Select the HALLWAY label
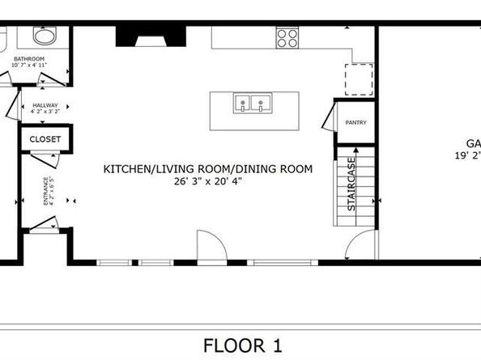pyautogui.click(x=46, y=105)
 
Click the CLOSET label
pyautogui.click(x=45, y=139)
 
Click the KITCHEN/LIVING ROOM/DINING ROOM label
pyautogui.click(x=207, y=169)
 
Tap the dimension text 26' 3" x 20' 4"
pyautogui.click(x=207, y=181)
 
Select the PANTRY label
pyautogui.click(x=355, y=123)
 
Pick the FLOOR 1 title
pyautogui.click(x=242, y=346)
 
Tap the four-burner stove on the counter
pyautogui.click(x=287, y=36)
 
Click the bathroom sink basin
pyautogui.click(x=44, y=36)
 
